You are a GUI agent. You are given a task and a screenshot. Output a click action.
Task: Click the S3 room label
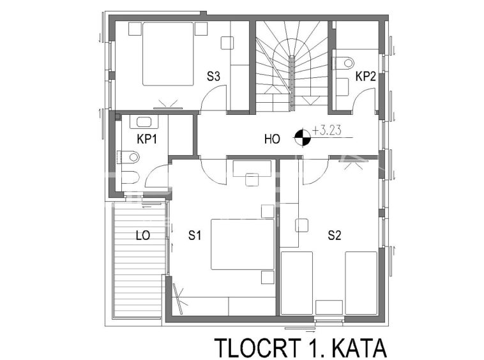tap(213, 76)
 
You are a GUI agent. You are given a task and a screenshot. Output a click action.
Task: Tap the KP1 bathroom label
tap(147, 139)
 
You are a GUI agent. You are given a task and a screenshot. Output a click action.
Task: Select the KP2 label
tap(366, 76)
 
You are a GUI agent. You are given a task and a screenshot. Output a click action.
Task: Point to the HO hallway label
tap(272, 139)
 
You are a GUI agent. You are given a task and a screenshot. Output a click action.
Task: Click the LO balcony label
tap(143, 236)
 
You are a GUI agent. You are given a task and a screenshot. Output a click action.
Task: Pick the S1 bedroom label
tap(195, 236)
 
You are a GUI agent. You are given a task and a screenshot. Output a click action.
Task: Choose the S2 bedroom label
tap(335, 236)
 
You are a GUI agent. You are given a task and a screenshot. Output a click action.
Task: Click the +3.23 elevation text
tap(326, 130)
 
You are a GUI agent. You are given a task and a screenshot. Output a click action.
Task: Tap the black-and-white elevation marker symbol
tap(303, 138)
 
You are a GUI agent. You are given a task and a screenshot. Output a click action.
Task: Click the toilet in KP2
tap(344, 63)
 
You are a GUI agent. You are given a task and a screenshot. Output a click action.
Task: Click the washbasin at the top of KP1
tap(144, 122)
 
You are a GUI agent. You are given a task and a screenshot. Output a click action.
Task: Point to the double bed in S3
tap(168, 54)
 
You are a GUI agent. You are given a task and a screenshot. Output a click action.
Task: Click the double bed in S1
tap(242, 244)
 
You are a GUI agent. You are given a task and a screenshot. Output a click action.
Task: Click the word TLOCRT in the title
tap(258, 348)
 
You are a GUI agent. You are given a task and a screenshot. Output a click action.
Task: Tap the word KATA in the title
tap(359, 348)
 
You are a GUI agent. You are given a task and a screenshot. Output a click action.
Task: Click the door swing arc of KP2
tap(360, 94)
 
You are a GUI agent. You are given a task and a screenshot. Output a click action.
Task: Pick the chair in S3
tap(227, 43)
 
